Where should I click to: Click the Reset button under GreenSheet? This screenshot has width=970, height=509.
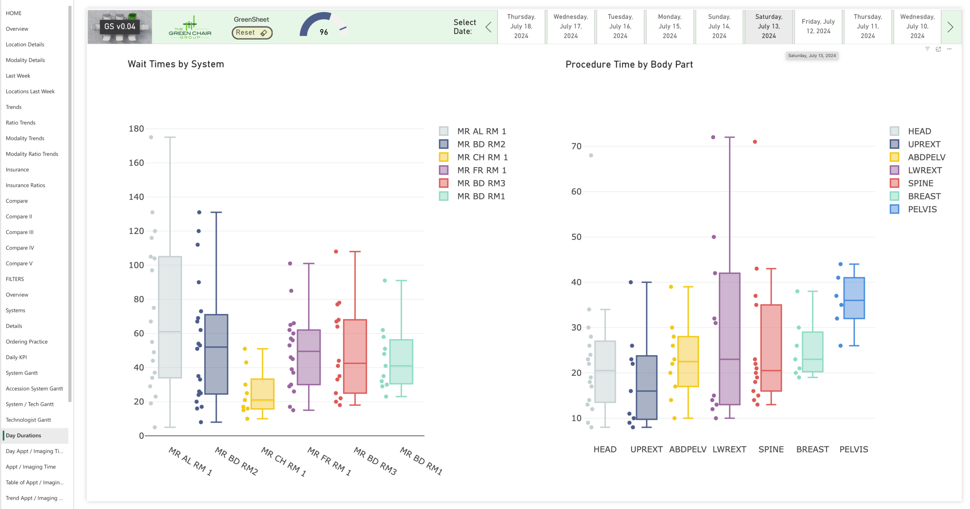[x=251, y=33]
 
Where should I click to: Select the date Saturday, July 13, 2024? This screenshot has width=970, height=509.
[x=768, y=26]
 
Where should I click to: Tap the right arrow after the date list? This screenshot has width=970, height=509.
[x=950, y=27]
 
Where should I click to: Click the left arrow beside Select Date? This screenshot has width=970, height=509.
[x=488, y=27]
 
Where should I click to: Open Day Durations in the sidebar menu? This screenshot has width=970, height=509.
[x=23, y=435]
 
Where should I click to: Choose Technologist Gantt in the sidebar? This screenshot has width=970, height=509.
[x=28, y=420]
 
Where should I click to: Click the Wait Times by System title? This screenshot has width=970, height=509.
[x=176, y=64]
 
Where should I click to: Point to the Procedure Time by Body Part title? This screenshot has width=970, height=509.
[x=629, y=65]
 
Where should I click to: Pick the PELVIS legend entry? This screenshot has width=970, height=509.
[x=922, y=209]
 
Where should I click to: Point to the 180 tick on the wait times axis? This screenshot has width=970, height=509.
[x=136, y=129]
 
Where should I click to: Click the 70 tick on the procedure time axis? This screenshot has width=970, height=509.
[x=576, y=146]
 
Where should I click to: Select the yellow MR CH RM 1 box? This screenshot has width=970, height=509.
[x=262, y=394]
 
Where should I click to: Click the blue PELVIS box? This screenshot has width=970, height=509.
[x=854, y=298]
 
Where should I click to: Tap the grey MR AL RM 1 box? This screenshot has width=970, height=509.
[x=170, y=317]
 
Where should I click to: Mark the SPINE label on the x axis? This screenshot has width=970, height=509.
[x=771, y=449]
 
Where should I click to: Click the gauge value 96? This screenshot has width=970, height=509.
[x=323, y=32]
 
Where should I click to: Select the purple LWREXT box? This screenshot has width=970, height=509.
[x=729, y=338]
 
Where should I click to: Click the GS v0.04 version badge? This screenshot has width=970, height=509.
[x=120, y=27]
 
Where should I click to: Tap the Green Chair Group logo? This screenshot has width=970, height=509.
[x=190, y=28]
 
